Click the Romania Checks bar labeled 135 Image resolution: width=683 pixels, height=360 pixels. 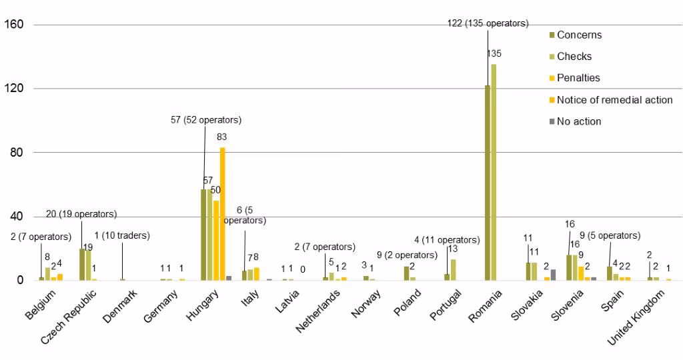[x=494, y=172]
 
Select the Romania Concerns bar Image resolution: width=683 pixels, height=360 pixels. [x=487, y=183]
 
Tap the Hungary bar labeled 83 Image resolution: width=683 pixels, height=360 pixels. [x=223, y=213]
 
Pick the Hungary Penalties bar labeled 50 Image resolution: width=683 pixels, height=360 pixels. [x=216, y=240]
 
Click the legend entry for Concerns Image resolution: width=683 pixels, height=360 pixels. [x=579, y=35]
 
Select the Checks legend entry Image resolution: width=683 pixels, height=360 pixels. [x=574, y=56]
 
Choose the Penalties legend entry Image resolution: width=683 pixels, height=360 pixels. [x=578, y=78]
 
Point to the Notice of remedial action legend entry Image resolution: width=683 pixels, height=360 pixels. [x=614, y=100]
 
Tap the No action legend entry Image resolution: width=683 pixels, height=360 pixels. [x=579, y=121]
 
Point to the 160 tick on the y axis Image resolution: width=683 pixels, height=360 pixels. [x=14, y=25]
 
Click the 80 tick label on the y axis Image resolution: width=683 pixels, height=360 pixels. [x=17, y=153]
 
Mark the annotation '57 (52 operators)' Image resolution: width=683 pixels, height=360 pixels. [x=206, y=120]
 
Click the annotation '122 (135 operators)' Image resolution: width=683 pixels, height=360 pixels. [x=488, y=23]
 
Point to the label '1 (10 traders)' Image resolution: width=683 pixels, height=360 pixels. [x=122, y=235]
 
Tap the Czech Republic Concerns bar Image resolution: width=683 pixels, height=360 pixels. [x=83, y=264]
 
